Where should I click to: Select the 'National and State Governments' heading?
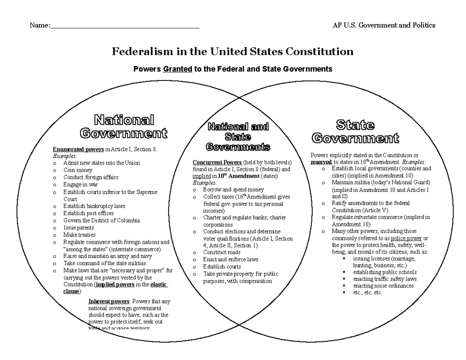tap(238, 137)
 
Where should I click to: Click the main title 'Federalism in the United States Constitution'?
tap(233, 52)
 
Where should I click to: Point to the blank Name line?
tap(125, 26)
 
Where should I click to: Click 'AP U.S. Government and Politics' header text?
tap(384, 25)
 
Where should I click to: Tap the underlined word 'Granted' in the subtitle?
tap(177, 69)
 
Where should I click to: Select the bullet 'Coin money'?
tap(78, 170)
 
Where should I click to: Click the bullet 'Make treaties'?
tap(79, 235)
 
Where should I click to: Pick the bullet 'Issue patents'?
tap(78, 228)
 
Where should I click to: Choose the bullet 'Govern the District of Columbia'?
tap(101, 221)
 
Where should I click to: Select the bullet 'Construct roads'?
tap(222, 252)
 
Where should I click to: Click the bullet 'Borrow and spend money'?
tap(233, 190)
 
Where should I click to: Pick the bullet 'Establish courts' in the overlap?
tap(222, 267)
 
